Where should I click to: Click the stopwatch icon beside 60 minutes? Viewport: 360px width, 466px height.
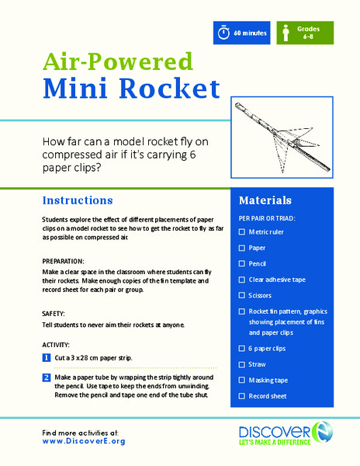click(x=223, y=33)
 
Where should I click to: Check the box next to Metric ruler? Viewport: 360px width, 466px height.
click(x=242, y=231)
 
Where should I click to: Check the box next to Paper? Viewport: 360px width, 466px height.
click(x=242, y=248)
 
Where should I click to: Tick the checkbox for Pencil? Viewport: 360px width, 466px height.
click(x=242, y=263)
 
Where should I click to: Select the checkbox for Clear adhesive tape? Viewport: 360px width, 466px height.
click(x=242, y=280)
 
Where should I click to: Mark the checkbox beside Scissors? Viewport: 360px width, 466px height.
click(x=242, y=295)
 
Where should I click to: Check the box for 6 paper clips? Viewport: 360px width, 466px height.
click(x=242, y=349)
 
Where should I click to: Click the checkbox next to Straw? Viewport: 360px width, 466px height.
click(x=242, y=364)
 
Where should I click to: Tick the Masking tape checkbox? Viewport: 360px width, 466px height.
click(x=242, y=381)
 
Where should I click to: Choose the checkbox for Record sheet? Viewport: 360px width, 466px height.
click(x=242, y=396)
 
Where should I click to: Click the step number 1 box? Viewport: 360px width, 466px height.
click(x=47, y=358)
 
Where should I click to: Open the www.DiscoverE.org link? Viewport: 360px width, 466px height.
click(x=84, y=441)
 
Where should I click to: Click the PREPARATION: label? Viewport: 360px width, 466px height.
click(x=65, y=262)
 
